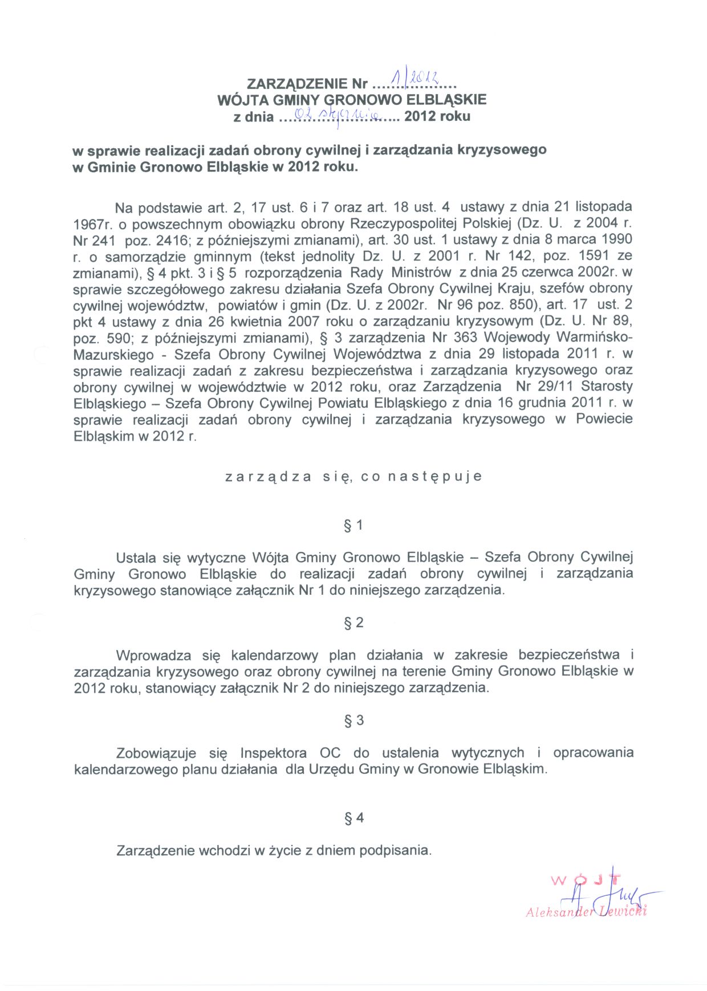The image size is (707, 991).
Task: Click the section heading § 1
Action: tap(353, 525)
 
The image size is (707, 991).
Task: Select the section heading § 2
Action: tap(353, 623)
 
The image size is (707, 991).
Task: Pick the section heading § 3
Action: tap(353, 721)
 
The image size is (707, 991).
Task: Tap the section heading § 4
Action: tap(353, 818)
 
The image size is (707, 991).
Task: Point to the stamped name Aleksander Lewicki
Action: tap(586, 911)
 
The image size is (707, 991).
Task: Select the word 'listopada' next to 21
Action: tap(603, 206)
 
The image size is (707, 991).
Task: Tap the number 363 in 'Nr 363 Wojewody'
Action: tap(465, 338)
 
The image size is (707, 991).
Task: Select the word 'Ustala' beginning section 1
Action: tap(135, 558)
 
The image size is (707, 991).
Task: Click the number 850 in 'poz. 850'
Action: tap(521, 305)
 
